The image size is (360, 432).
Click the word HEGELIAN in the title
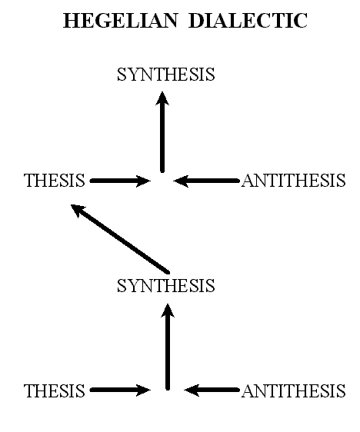pyautogui.click(x=120, y=21)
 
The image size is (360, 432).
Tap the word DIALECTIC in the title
pyautogui.click(x=248, y=21)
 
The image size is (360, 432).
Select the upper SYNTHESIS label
pyautogui.click(x=166, y=75)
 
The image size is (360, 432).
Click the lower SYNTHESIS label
pyautogui.click(x=166, y=285)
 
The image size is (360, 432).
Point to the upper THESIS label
pyautogui.click(x=55, y=181)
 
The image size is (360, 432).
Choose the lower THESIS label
pyautogui.click(x=55, y=391)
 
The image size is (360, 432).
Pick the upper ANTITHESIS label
pyautogui.click(x=294, y=181)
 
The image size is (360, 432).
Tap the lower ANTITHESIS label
pyautogui.click(x=294, y=391)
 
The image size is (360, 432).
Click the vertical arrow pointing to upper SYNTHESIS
pyautogui.click(x=162, y=132)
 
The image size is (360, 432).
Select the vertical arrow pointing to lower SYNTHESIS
pyautogui.click(x=168, y=347)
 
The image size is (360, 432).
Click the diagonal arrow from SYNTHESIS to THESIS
pyautogui.click(x=120, y=239)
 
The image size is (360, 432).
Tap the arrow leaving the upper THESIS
pyautogui.click(x=120, y=181)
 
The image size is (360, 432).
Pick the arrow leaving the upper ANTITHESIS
pyautogui.click(x=206, y=181)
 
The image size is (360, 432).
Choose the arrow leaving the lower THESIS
pyautogui.click(x=120, y=390)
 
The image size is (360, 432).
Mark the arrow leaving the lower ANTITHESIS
pyautogui.click(x=212, y=390)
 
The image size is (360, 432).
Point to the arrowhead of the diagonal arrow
pyautogui.click(x=77, y=210)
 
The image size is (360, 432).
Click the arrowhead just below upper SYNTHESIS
pyautogui.click(x=162, y=98)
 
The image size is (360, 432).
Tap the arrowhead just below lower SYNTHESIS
pyautogui.click(x=168, y=311)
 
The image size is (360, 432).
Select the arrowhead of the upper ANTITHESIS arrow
pyautogui.click(x=181, y=181)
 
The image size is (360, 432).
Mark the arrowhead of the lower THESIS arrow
pyautogui.click(x=143, y=390)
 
